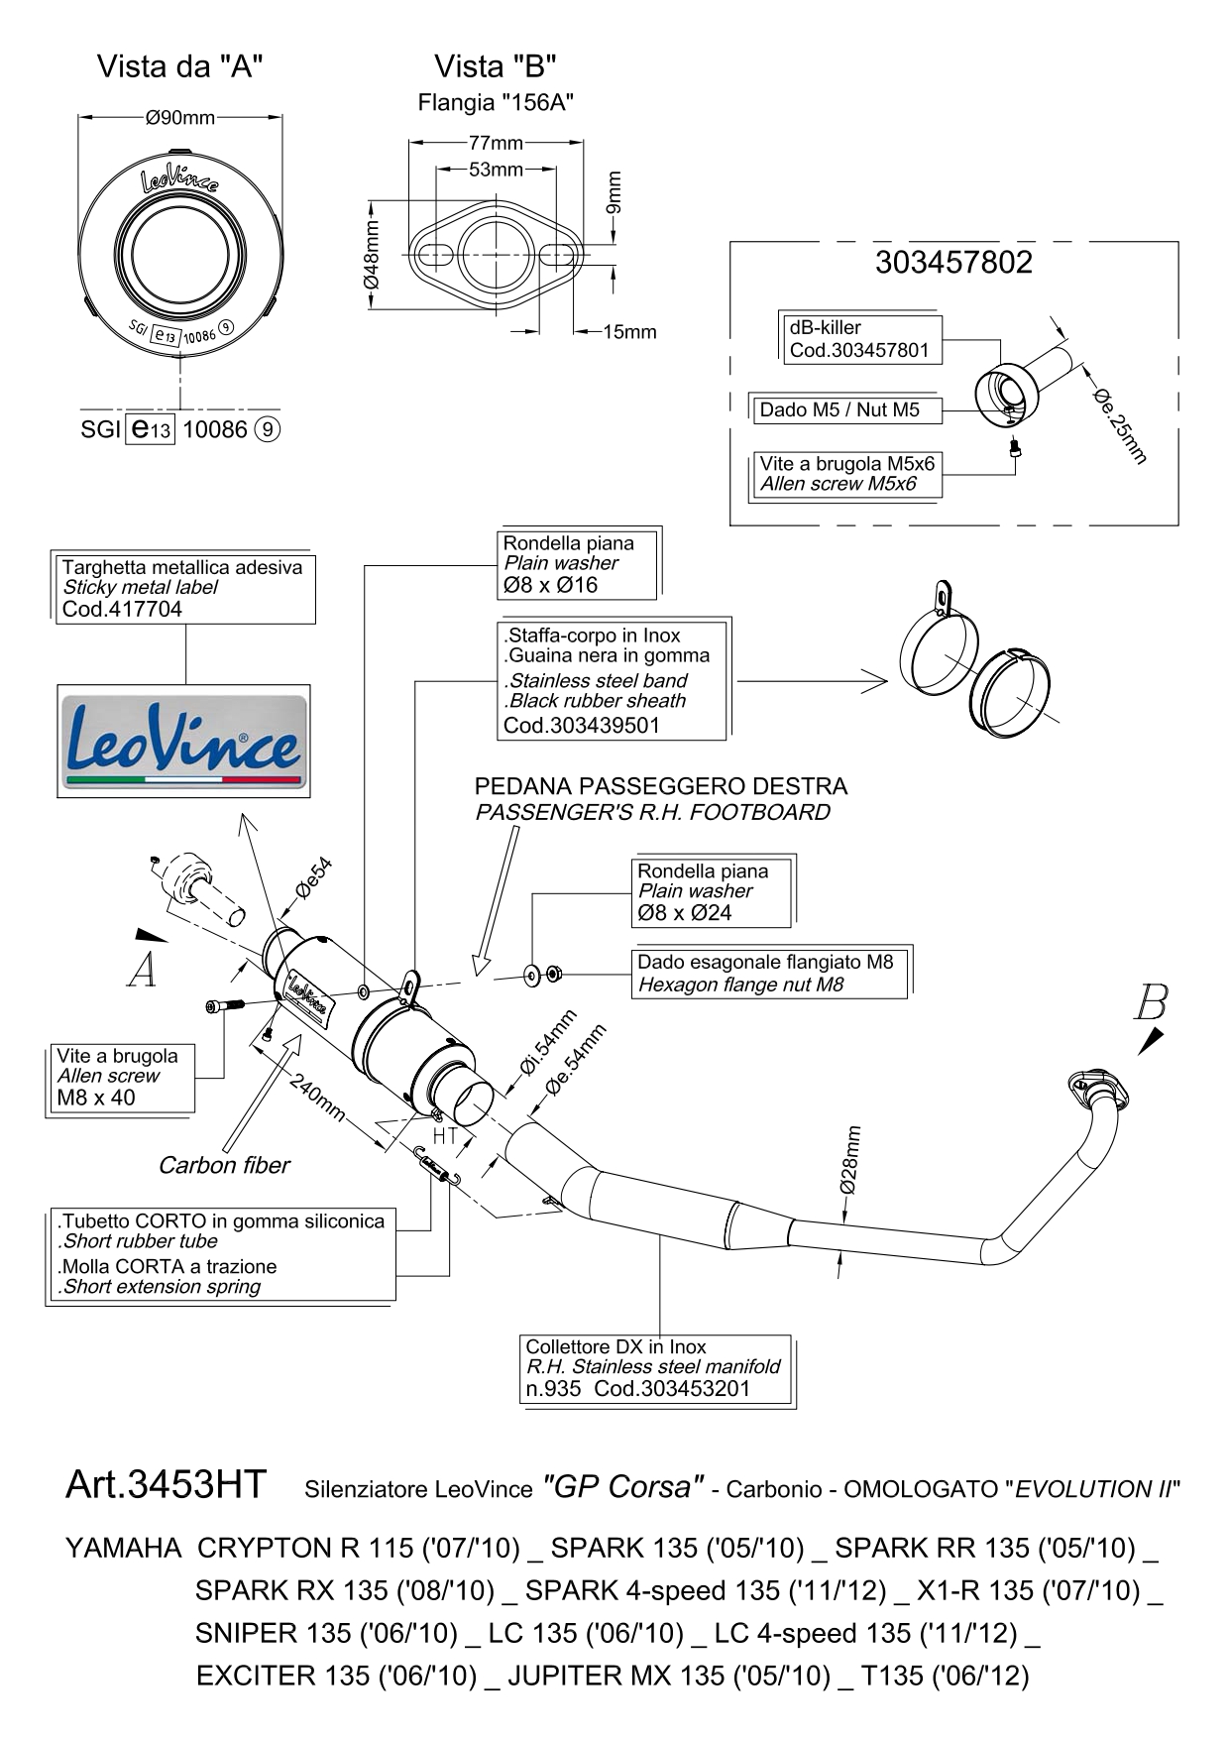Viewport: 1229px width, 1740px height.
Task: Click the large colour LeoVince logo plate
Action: point(183,741)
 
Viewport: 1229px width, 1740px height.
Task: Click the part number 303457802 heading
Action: point(953,262)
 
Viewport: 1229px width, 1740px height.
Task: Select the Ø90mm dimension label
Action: point(179,118)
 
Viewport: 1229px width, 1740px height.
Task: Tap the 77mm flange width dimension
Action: point(496,143)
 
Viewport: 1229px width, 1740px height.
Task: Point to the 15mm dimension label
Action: point(630,332)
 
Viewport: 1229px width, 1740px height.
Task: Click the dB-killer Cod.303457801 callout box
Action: point(858,339)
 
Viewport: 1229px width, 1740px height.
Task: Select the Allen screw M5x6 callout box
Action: point(845,474)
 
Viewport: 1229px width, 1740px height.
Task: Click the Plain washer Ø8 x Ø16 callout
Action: point(577,564)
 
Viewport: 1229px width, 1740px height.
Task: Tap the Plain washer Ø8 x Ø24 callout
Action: point(712,892)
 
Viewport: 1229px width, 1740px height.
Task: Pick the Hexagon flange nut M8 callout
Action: point(768,973)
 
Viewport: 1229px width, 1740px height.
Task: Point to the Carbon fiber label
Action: point(224,1165)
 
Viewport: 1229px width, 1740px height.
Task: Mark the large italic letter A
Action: point(143,972)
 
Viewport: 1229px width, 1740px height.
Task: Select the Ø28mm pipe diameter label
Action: point(850,1159)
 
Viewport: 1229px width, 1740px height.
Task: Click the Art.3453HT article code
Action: point(166,1484)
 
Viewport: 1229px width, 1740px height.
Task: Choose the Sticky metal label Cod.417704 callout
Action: point(184,588)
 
